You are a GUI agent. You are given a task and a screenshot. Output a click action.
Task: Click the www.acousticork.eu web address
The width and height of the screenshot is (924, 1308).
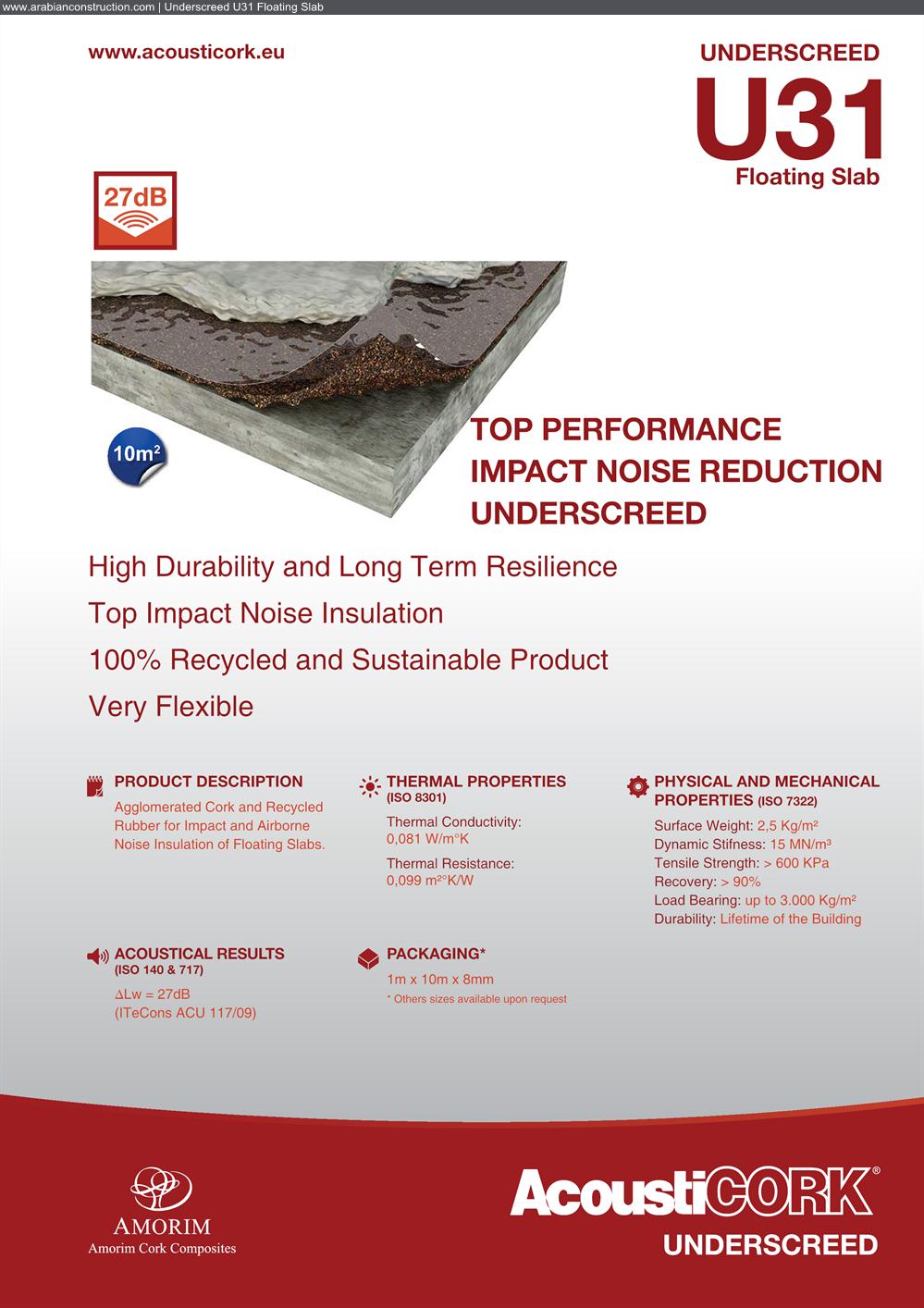(x=186, y=52)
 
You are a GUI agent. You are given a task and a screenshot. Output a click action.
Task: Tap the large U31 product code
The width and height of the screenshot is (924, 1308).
(x=788, y=118)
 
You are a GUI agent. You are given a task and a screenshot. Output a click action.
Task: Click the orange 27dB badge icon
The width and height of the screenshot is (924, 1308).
(x=135, y=210)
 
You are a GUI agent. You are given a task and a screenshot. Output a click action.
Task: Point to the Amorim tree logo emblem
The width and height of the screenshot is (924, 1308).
(x=161, y=1189)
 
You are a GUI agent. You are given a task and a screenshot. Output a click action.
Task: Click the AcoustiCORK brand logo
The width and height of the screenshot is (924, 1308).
(x=695, y=1191)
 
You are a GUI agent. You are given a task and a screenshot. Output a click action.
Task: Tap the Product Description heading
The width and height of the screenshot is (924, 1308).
(x=208, y=782)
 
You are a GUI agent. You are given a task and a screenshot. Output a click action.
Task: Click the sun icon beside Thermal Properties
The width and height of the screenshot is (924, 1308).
(x=369, y=787)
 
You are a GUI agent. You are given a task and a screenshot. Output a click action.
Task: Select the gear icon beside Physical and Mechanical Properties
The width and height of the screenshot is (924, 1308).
(x=637, y=786)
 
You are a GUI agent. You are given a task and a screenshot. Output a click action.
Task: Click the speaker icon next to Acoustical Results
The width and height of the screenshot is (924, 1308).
(x=97, y=956)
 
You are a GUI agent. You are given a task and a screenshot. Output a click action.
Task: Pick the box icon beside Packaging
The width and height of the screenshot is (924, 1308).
(x=368, y=958)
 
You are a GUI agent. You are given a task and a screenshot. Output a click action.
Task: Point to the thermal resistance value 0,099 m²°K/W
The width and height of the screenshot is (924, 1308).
(x=429, y=881)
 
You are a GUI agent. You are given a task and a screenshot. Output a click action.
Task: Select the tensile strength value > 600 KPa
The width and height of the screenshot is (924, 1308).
(x=795, y=863)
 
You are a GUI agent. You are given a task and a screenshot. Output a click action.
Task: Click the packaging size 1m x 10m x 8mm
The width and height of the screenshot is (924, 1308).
(x=440, y=980)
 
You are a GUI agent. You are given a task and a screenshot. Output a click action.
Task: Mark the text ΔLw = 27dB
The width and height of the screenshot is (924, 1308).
(x=152, y=993)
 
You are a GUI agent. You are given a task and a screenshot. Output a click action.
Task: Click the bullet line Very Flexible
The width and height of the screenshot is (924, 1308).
(x=171, y=706)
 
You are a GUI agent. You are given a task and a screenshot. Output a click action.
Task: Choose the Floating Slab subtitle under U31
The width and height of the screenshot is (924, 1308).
(x=807, y=177)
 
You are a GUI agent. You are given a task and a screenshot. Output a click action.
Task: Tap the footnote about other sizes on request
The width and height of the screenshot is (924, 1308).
(x=477, y=999)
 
